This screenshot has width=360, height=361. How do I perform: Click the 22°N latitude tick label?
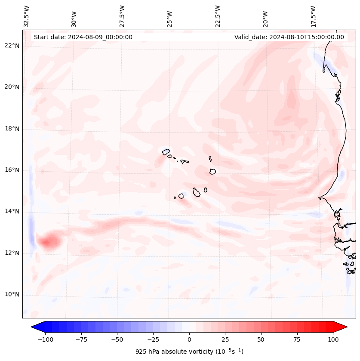tap(12, 46)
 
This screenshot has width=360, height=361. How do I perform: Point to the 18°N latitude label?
tap(12, 129)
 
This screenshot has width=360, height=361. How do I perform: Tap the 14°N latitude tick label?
tap(12, 211)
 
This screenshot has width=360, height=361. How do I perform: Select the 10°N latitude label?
tap(12, 294)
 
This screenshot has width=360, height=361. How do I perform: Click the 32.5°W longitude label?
tap(27, 16)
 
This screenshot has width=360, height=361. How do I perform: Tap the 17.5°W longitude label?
tap(313, 16)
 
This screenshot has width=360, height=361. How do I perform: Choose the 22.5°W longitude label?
tap(218, 16)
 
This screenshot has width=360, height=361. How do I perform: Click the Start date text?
tap(83, 37)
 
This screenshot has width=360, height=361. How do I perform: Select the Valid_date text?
tap(289, 37)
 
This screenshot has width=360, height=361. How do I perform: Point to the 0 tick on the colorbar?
tap(189, 339)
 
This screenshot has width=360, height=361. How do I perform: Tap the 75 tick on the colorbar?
tap(297, 339)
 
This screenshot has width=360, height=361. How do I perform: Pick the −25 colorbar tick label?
tap(153, 339)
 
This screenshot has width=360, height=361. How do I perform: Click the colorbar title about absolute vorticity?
tap(189, 352)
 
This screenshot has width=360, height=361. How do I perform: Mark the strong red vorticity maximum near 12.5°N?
tap(48, 241)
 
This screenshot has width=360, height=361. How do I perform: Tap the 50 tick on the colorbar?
tap(261, 339)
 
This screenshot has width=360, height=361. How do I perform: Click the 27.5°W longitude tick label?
tap(122, 16)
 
